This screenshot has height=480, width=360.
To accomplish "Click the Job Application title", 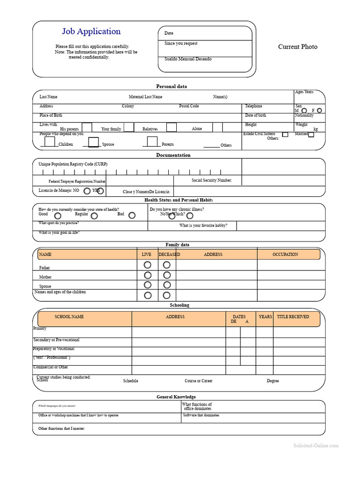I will (x=91, y=31).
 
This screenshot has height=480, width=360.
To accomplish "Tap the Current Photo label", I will (x=298, y=47).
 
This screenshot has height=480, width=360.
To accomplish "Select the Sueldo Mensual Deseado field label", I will (x=188, y=59).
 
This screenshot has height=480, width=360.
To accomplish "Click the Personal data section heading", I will (x=171, y=86).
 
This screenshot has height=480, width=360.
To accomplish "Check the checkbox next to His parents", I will (x=87, y=127).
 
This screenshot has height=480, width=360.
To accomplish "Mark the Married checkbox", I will (x=311, y=135).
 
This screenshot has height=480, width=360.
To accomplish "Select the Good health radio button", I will (x=58, y=216).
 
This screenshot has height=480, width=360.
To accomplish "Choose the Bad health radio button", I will (x=132, y=216).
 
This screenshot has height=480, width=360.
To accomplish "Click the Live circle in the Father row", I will (x=148, y=265).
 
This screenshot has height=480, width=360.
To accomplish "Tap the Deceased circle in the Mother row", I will (x=166, y=275).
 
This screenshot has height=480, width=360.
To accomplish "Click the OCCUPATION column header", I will (x=285, y=255).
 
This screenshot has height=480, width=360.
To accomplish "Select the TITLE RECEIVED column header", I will (x=293, y=317).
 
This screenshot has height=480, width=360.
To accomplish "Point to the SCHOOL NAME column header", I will (x=69, y=317).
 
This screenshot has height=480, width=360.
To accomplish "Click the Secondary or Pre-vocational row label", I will (x=56, y=340).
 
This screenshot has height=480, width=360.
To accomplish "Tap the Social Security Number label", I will (x=211, y=180).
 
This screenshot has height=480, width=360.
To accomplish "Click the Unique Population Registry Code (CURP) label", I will (x=73, y=164).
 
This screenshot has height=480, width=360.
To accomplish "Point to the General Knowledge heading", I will (x=176, y=397).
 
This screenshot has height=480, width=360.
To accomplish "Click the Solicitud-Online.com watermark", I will (x=315, y=446).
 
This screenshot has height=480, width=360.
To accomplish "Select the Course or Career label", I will (x=198, y=381).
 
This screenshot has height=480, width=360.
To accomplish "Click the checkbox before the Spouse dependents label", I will (x=94, y=142).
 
